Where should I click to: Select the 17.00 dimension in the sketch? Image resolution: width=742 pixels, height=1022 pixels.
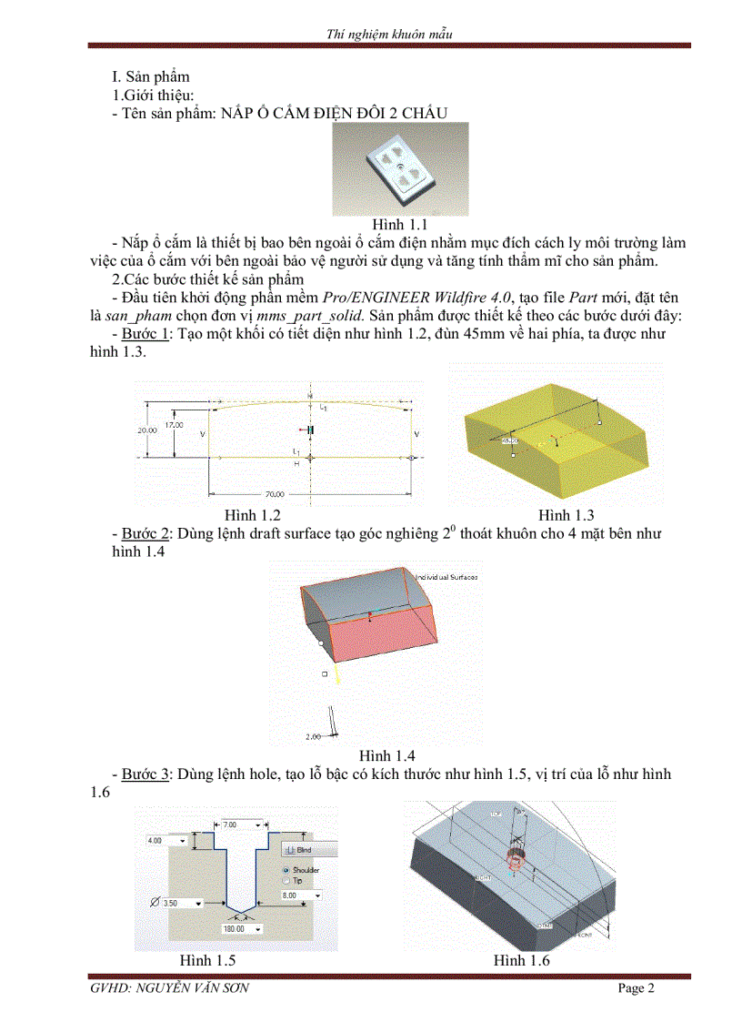click(173, 425)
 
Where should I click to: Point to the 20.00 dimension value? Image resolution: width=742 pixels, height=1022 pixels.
click(147, 430)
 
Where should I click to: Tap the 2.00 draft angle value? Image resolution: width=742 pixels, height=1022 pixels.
click(314, 736)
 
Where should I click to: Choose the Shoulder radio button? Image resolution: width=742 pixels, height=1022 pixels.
click(285, 870)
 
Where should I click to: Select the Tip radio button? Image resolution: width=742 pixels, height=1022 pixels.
click(285, 881)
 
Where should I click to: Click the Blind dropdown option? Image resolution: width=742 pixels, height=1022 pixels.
click(304, 849)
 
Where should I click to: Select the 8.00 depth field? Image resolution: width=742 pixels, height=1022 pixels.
click(301, 896)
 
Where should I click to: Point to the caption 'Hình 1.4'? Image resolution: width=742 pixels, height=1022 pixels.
click(387, 755)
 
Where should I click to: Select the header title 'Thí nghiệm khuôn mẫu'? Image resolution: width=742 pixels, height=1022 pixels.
click(389, 35)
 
